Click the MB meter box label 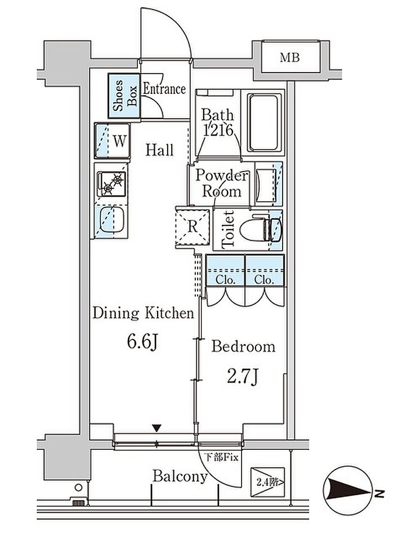(289, 57)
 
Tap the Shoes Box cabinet (124, 96)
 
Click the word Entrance (164, 89)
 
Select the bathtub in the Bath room (263, 123)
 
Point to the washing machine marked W (112, 141)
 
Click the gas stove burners (111, 183)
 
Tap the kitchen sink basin (111, 219)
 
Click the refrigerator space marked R (192, 227)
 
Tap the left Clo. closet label (225, 279)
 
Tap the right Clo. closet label (264, 279)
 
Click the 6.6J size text (142, 341)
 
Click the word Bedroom (243, 346)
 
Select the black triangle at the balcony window (156, 428)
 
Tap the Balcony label (180, 476)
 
